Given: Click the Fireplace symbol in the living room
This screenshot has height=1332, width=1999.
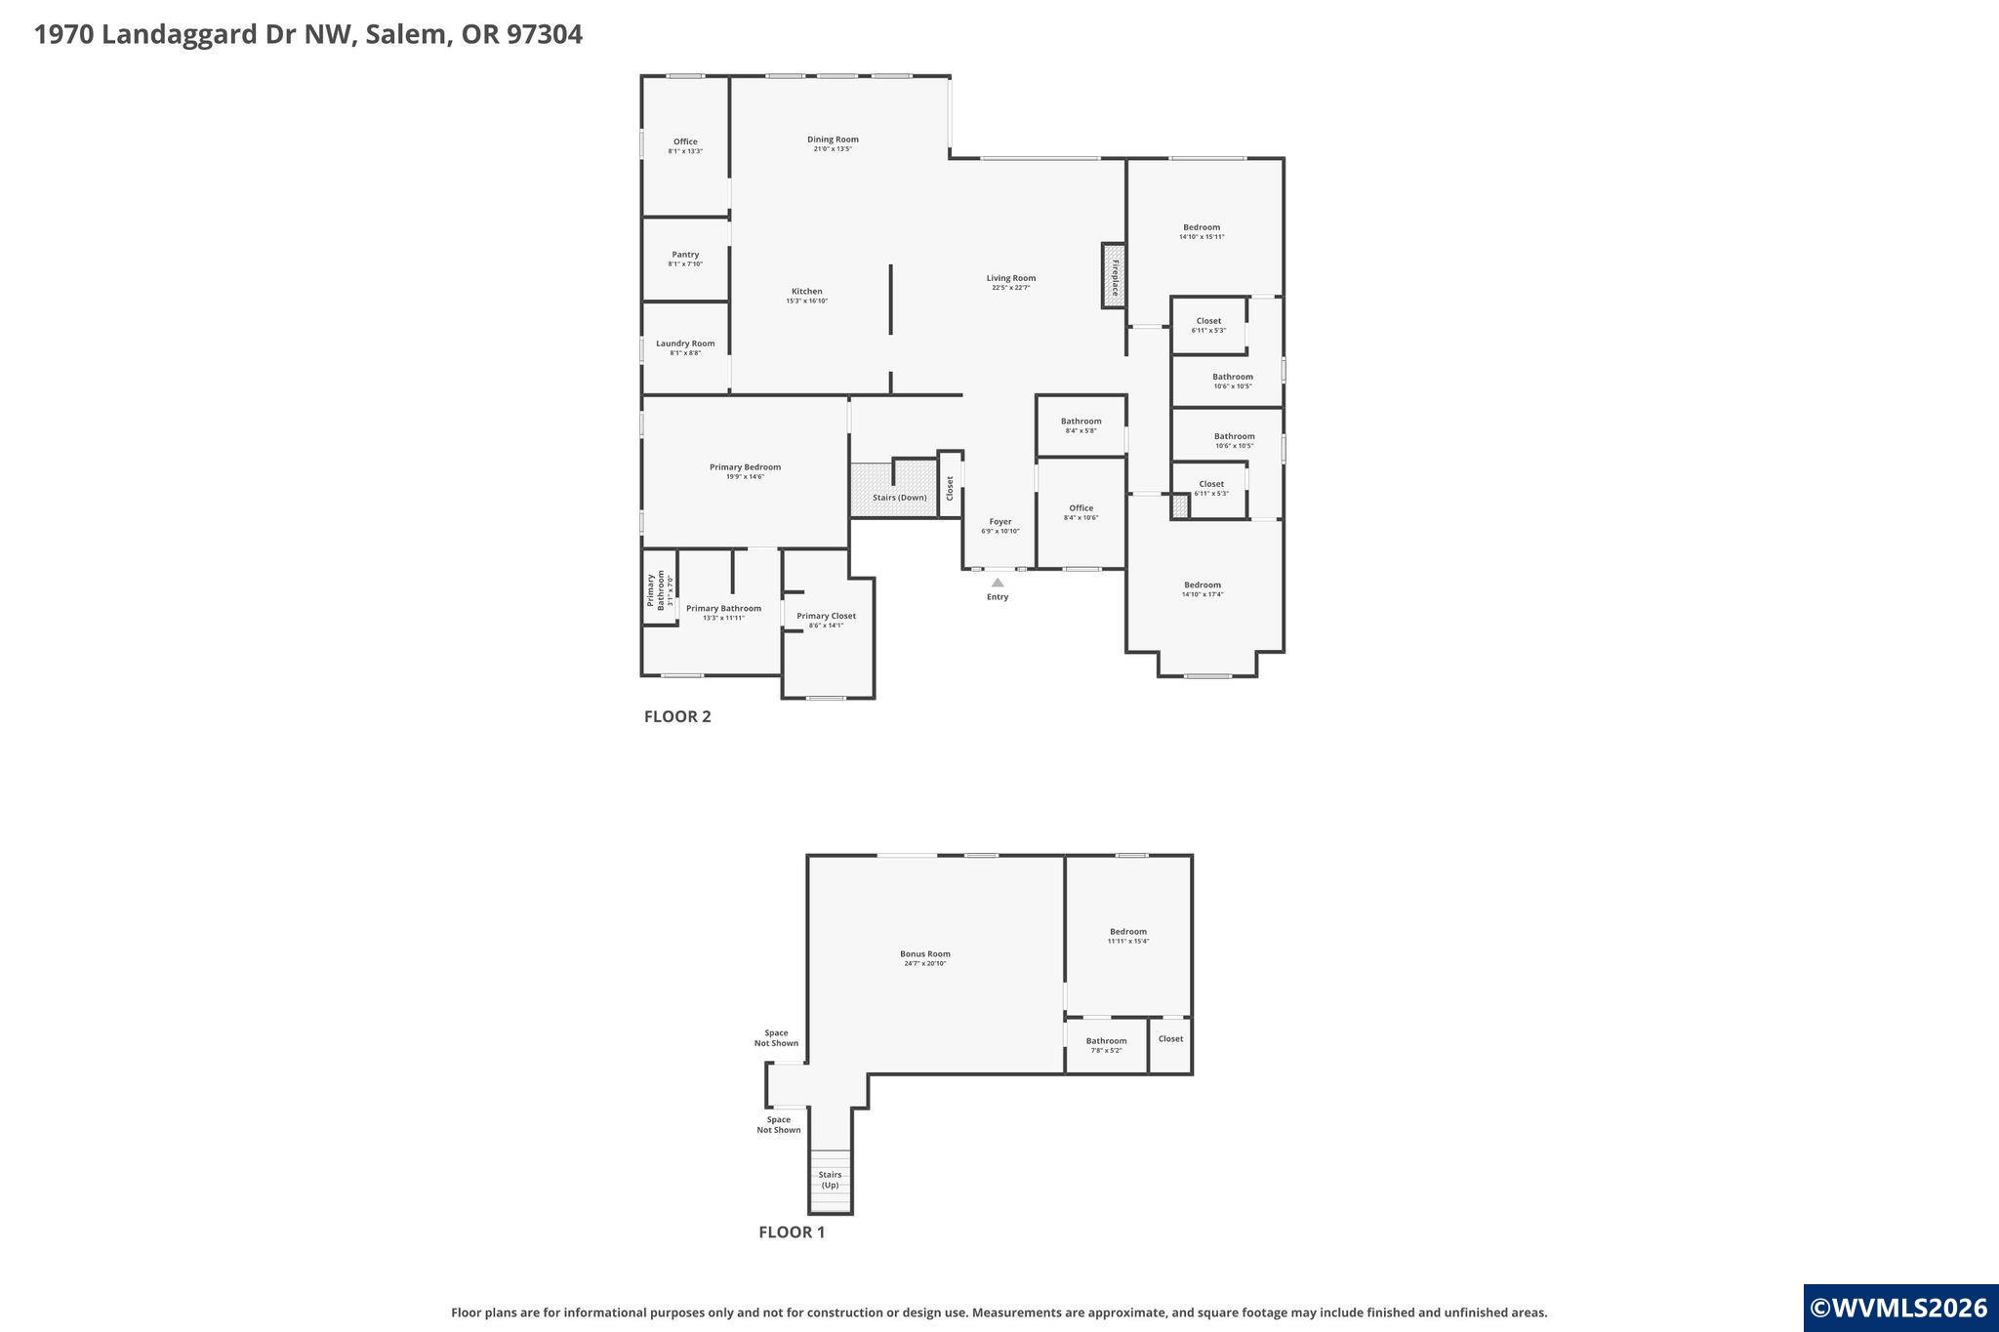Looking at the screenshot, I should (1114, 276).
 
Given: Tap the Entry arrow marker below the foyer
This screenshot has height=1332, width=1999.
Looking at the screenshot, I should (998, 583).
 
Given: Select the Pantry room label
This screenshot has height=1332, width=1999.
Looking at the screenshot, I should (685, 255).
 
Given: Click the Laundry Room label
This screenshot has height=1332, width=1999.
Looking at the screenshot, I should (685, 343).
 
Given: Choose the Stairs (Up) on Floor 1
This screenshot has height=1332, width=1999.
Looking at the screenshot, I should (831, 1181).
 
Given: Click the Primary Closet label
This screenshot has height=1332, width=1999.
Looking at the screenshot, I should (826, 616).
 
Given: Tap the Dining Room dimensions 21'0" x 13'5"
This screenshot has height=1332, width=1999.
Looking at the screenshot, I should (833, 149).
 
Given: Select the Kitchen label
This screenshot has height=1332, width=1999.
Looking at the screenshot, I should (806, 292).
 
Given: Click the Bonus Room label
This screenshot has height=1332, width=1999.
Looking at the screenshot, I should (924, 954).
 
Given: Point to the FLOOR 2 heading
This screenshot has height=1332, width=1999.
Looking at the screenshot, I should (677, 716).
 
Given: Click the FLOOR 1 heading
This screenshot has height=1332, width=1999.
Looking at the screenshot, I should (792, 1232).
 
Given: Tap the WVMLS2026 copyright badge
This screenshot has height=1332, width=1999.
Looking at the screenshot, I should (1899, 1308).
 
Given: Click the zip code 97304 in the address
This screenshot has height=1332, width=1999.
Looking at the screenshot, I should (544, 34).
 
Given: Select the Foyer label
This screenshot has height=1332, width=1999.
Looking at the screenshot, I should (999, 522).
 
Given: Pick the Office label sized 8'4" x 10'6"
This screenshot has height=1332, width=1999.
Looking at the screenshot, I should (1081, 508).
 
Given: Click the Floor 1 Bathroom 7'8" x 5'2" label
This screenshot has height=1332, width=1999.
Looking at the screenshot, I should (1106, 1041).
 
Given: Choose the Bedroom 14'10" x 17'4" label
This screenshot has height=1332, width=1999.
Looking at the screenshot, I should (1203, 585).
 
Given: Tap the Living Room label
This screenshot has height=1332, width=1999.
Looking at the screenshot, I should (1010, 278).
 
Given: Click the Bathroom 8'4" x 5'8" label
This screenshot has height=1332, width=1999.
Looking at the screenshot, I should (1081, 422).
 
